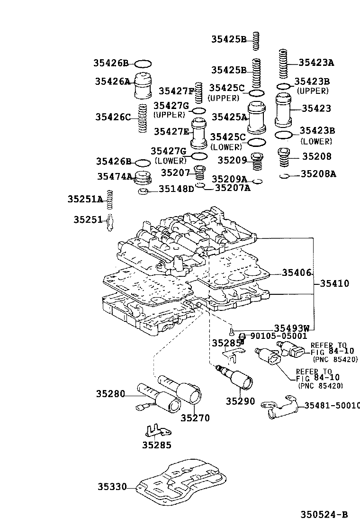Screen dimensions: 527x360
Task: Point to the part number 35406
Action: coord(297,273)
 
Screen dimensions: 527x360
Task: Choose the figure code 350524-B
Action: coord(324,515)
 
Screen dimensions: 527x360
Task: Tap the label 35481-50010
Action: coord(332,405)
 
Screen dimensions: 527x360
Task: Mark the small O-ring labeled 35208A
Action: coord(285,177)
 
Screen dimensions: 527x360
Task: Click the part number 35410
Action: coord(334,284)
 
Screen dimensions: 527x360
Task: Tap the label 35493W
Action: coord(291,328)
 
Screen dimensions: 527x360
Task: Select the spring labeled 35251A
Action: coord(109,200)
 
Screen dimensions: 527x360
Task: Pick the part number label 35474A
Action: coord(115,176)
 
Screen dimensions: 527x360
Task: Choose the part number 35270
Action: coord(195,418)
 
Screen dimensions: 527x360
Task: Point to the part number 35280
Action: coord(110,393)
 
